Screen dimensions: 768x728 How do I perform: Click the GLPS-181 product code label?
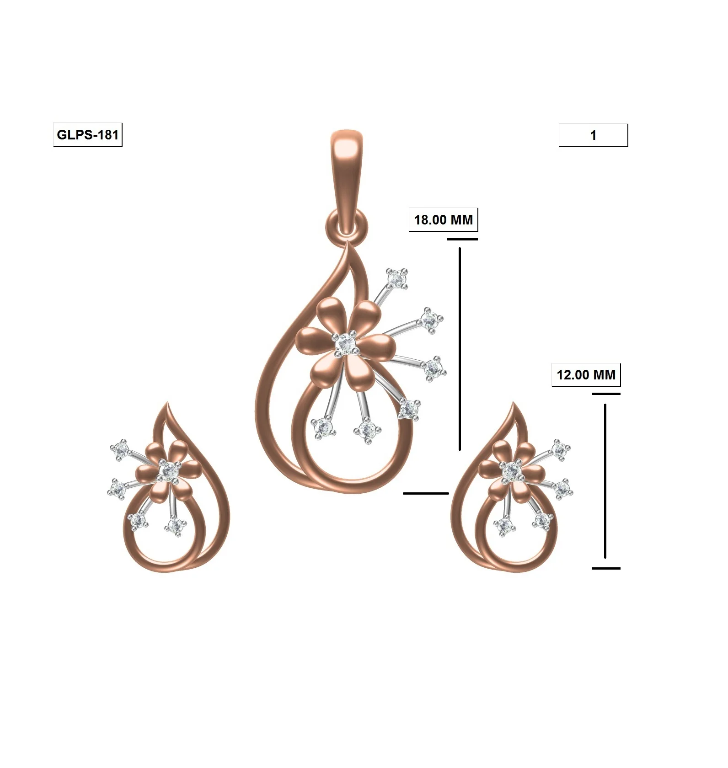click(87, 135)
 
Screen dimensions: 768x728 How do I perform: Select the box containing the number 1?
click(593, 135)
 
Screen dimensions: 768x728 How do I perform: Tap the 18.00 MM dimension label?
click(443, 220)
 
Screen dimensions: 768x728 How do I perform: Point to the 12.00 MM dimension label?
click(586, 375)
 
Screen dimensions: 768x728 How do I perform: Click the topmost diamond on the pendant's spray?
click(396, 278)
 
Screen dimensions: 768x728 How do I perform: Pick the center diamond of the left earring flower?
click(170, 471)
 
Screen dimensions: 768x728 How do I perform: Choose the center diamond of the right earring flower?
click(511, 471)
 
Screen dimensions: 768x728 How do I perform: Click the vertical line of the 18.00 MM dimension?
click(460, 347)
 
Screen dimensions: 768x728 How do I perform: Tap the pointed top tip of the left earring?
click(167, 404)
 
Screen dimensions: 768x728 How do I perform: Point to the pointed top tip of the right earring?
click(514, 404)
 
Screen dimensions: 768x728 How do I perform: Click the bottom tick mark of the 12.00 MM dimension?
click(606, 568)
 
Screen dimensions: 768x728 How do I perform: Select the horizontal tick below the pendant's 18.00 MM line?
click(426, 493)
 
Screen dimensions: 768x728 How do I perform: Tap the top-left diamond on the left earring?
click(121, 450)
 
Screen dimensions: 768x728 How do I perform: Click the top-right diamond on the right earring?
click(560, 450)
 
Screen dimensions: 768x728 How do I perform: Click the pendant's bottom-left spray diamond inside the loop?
click(324, 427)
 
